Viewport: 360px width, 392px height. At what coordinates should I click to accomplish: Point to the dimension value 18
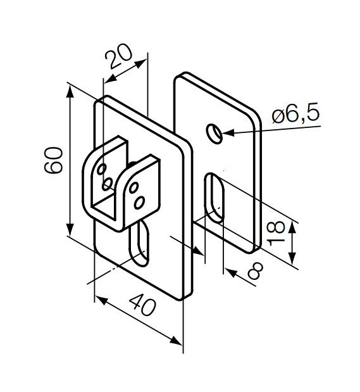(276, 233)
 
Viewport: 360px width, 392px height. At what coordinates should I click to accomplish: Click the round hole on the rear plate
(214, 133)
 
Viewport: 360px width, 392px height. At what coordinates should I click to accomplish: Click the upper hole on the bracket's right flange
(133, 187)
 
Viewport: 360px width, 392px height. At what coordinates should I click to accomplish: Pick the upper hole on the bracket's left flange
(100, 169)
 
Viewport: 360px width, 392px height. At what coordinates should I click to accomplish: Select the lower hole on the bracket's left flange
(107, 184)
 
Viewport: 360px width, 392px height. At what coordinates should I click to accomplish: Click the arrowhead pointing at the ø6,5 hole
(225, 133)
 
